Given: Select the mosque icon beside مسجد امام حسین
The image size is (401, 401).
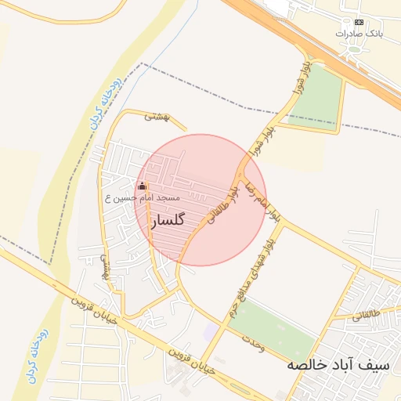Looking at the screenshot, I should [142, 186].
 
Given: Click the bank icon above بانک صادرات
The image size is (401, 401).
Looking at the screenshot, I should [359, 22].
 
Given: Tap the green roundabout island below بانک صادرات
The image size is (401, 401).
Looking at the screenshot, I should [355, 49].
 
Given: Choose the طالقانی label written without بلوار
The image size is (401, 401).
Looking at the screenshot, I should [367, 312].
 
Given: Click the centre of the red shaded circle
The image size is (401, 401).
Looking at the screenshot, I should [200, 200].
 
